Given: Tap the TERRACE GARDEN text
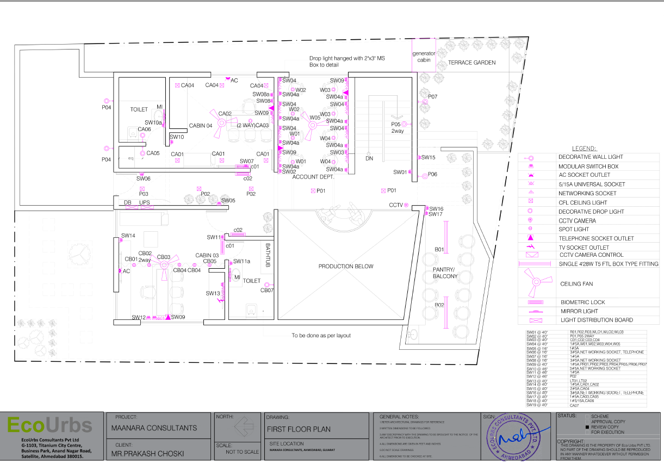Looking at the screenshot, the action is tap(471, 63).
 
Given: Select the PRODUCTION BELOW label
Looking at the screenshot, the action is tap(346, 266).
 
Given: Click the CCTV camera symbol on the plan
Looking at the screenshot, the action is tap(406, 205).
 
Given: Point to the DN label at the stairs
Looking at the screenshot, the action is tap(369, 158).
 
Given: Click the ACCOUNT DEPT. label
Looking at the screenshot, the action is tap(312, 177).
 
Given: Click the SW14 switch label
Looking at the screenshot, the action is tap(128, 236).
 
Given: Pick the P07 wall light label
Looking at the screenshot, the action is tap(432, 96).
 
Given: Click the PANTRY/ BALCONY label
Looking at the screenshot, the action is tap(445, 273).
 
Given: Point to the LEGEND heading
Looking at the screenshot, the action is tap(584, 149).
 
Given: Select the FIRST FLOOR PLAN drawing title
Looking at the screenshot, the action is tap(298, 429).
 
